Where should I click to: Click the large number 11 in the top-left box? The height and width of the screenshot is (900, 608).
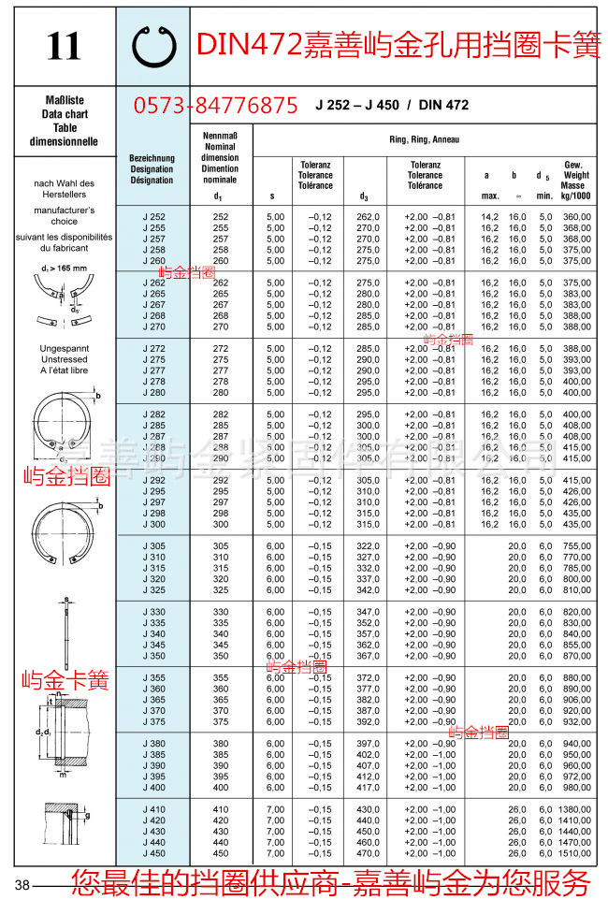pyautogui.click(x=64, y=47)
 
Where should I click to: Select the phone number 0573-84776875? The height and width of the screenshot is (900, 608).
pyautogui.click(x=216, y=106)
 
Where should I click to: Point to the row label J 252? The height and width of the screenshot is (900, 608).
pyautogui.click(x=153, y=216)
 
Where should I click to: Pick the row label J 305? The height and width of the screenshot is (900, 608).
pyautogui.click(x=153, y=545)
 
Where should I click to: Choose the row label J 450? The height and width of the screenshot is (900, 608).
pyautogui.click(x=153, y=852)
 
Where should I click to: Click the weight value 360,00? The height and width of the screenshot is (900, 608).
pyautogui.click(x=577, y=216)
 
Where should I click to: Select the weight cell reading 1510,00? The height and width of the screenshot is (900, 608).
pyautogui.click(x=574, y=852)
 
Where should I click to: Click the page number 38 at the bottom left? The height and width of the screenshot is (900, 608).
pyautogui.click(x=22, y=885)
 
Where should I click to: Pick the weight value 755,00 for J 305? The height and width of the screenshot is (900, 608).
pyautogui.click(x=577, y=545)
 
